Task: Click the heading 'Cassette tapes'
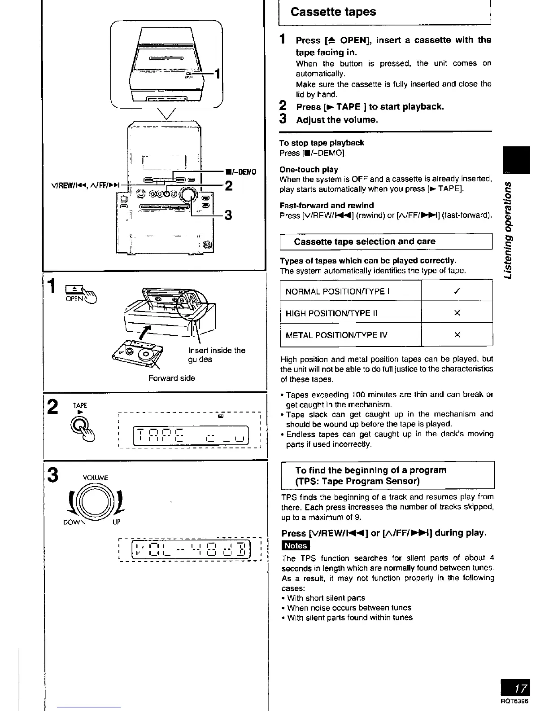pos(333,12)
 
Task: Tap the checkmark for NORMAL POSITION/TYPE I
pos(457,291)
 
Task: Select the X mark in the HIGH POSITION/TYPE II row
pos(457,313)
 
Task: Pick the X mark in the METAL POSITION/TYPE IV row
pos(457,335)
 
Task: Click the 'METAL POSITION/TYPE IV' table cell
pos(336,335)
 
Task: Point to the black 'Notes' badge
pos(296,545)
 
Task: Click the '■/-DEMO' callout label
pos(241,172)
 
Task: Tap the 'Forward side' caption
pos(172,378)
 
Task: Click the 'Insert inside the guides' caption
pos(216,355)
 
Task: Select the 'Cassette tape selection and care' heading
pos(364,241)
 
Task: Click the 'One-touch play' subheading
pos(309,170)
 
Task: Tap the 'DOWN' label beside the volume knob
pos(74,522)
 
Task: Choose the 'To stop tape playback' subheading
pos(321,143)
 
